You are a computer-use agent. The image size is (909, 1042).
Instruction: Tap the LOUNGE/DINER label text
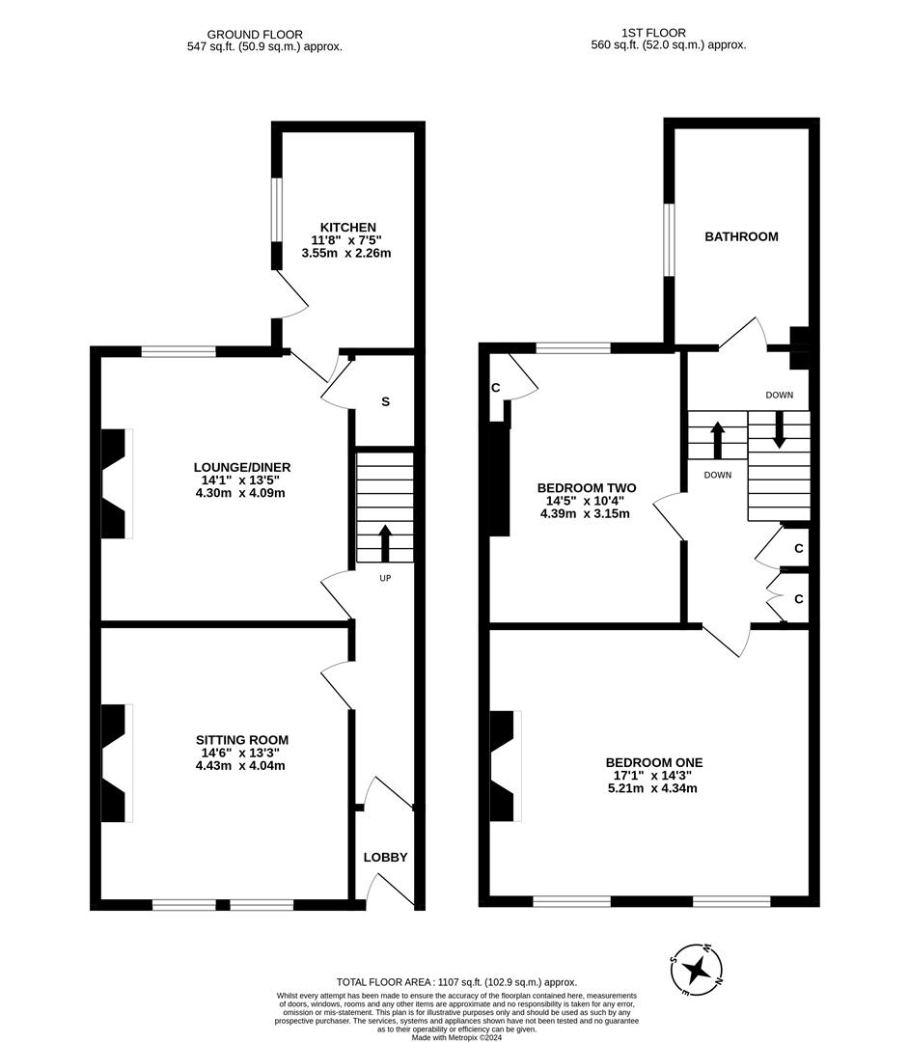[x=241, y=467]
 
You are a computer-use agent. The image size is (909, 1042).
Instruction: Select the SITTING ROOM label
[x=241, y=740]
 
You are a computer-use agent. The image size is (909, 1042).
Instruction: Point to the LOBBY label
[x=385, y=857]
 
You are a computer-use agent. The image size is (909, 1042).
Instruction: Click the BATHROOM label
[x=741, y=236]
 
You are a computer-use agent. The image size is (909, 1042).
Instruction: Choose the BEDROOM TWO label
[x=587, y=488]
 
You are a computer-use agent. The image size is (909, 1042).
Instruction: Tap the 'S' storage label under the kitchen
[x=385, y=401]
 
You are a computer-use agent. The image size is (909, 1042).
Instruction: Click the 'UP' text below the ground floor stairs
[x=384, y=578]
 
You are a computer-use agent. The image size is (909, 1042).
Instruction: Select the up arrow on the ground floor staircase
[x=385, y=543]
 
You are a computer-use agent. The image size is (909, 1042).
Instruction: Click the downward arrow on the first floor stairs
[x=779, y=429]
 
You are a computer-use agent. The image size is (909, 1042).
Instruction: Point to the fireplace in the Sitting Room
[x=116, y=763]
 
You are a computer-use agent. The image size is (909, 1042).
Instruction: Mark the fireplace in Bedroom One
[x=504, y=766]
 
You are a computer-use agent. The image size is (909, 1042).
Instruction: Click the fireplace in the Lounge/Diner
[x=116, y=483]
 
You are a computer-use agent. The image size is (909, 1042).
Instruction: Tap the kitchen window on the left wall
[x=276, y=209]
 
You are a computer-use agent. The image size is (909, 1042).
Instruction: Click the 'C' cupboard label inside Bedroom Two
[x=495, y=388]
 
